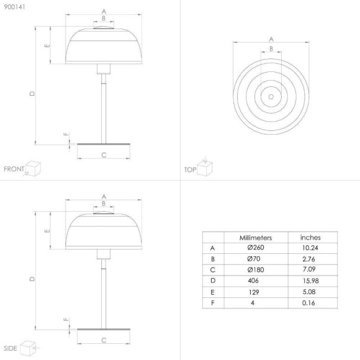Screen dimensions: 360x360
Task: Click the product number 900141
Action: (14, 7)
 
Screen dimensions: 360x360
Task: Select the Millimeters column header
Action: (256, 238)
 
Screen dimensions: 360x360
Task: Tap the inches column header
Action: (310, 237)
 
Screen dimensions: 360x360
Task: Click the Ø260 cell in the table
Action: (256, 248)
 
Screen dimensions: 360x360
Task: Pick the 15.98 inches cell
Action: (310, 281)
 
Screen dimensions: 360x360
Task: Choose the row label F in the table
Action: (213, 303)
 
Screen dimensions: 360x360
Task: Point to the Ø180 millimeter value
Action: (256, 269)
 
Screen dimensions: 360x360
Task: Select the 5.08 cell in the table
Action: (309, 292)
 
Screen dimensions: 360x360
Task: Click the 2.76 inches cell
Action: (308, 259)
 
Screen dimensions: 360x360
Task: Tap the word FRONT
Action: (14, 169)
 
